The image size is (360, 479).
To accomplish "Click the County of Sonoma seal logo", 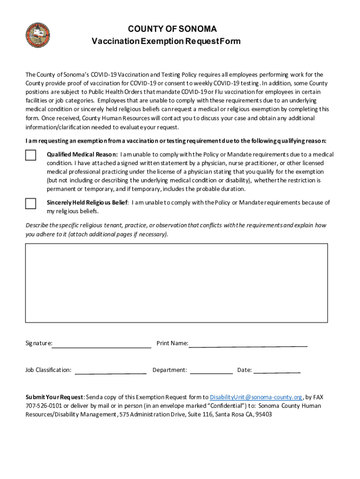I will tap(38, 36).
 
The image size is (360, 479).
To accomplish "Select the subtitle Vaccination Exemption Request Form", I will tap(166, 41).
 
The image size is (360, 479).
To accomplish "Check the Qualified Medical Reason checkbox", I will tap(30, 155).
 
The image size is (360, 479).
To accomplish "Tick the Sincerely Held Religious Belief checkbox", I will tap(30, 203).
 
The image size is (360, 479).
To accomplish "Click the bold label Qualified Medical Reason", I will tap(82, 154).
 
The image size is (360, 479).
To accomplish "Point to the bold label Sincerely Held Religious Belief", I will tap(87, 203).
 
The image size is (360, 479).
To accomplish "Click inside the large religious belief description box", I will tap(176, 283).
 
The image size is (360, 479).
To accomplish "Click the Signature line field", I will tap(102, 345).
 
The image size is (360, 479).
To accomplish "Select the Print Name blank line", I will tap(248, 344).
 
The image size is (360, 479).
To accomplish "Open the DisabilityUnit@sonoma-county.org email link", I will tap(256, 397).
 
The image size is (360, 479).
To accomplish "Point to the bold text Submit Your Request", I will tap(54, 397).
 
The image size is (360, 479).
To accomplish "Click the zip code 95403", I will tap(263, 414).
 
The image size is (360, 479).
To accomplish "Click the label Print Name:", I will tap(172, 343).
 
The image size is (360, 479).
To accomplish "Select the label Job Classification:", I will tap(48, 370).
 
